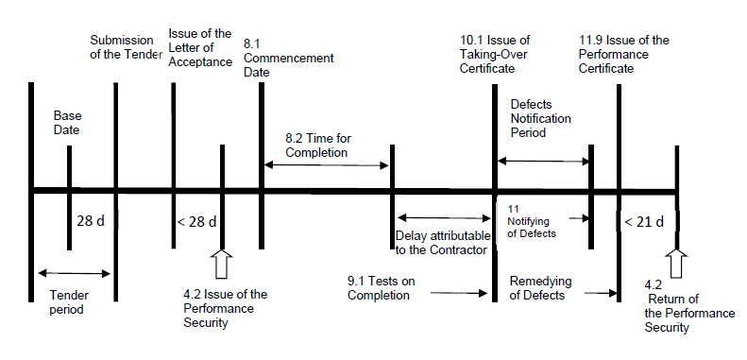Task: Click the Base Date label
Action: (x=67, y=122)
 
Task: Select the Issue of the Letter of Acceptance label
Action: (x=199, y=47)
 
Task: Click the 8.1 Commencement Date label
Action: (x=288, y=59)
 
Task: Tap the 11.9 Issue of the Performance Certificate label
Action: (x=623, y=47)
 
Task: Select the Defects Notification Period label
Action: (x=545, y=118)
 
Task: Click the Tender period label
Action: (x=68, y=301)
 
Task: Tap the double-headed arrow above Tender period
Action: (x=73, y=273)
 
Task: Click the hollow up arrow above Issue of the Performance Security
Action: (x=223, y=264)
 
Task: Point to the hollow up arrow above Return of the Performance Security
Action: (x=676, y=264)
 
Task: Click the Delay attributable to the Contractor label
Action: (x=441, y=242)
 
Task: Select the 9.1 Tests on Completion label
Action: (x=379, y=287)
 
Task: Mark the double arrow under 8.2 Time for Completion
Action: (x=326, y=165)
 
